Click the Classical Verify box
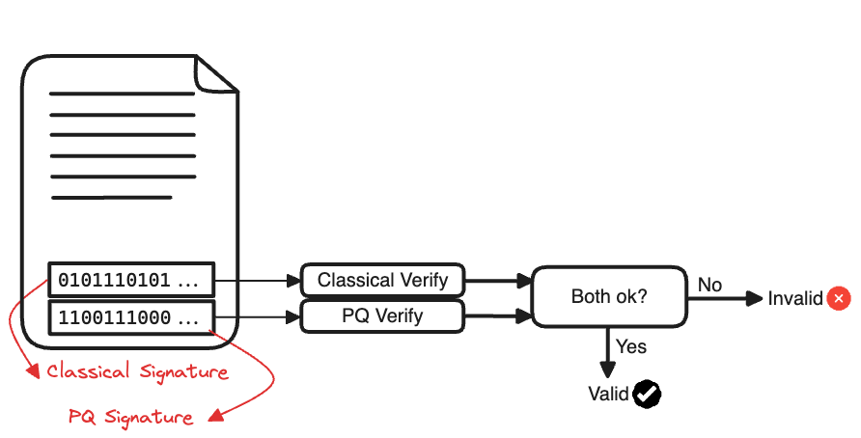[x=382, y=281]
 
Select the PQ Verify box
[x=382, y=315]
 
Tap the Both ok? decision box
[x=609, y=297]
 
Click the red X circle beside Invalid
[x=839, y=299]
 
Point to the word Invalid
[x=794, y=299]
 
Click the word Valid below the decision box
[x=608, y=394]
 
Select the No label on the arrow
[x=709, y=285]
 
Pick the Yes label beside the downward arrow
[x=631, y=346]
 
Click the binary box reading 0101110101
[x=130, y=281]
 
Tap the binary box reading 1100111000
[x=130, y=316]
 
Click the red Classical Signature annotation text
[x=137, y=371]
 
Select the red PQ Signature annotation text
[x=130, y=416]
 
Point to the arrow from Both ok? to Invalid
[x=724, y=299]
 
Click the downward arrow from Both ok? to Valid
[x=607, y=353]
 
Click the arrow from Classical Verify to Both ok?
[x=498, y=282]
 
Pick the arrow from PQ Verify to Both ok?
[x=498, y=315]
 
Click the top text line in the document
[x=122, y=95]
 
